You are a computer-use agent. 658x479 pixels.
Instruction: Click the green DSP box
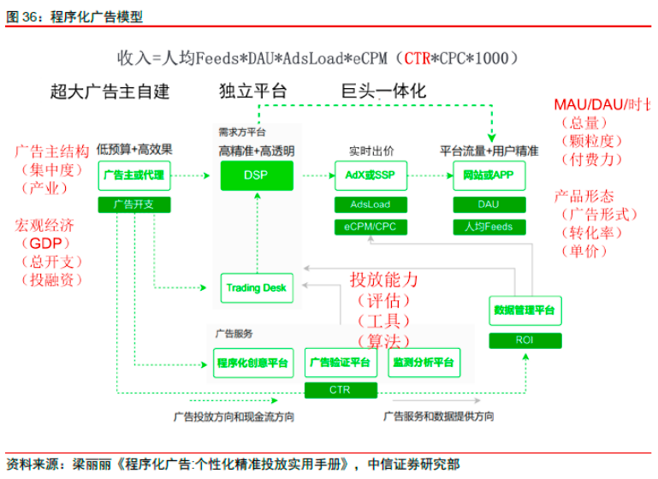click(x=257, y=175)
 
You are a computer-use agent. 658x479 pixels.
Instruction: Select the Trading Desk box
click(x=257, y=288)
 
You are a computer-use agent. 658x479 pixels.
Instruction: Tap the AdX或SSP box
click(x=370, y=175)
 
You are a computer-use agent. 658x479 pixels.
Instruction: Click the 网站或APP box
click(x=488, y=175)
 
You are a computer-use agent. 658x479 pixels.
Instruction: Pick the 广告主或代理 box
click(x=133, y=175)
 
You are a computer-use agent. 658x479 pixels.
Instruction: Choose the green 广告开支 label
click(x=133, y=204)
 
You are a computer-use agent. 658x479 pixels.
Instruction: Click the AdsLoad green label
click(x=370, y=204)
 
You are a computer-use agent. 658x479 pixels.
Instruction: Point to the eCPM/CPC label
click(x=370, y=227)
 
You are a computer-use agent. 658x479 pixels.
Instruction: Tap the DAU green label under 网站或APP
click(x=488, y=204)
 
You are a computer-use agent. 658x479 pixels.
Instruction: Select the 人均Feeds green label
click(x=488, y=227)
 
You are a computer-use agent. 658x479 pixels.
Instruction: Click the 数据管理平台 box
click(x=525, y=310)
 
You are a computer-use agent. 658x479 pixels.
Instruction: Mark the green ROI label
click(x=525, y=340)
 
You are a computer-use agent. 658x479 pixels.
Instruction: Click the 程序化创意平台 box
click(x=253, y=363)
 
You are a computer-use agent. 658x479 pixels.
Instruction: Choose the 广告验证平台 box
click(x=340, y=363)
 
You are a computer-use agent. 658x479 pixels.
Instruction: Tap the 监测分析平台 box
click(x=424, y=363)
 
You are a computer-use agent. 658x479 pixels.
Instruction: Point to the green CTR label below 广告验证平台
click(x=340, y=390)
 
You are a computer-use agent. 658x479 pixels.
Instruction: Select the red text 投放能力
click(x=383, y=280)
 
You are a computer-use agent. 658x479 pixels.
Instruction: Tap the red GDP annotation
click(x=41, y=244)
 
